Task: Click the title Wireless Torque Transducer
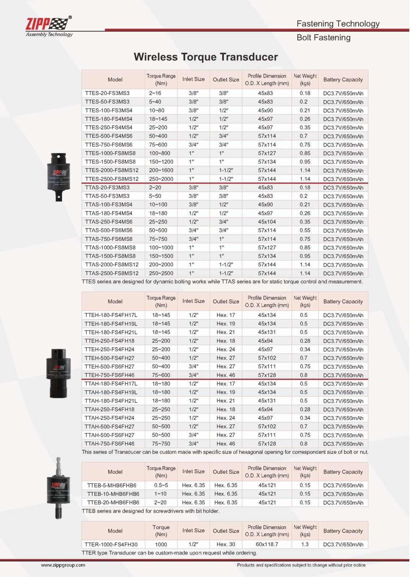pos(205,57)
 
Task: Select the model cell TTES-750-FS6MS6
pos(109,145)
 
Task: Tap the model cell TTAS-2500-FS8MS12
pos(112,273)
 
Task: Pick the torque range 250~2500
pos(161,273)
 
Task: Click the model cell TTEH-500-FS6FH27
pos(109,366)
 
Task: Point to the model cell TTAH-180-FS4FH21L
pos(111,401)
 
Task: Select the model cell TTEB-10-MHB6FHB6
pos(113,494)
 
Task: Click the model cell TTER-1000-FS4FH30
pos(111,544)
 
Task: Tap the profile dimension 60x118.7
pos(267,544)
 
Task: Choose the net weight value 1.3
pos(305,544)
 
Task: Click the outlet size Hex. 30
pos(226,544)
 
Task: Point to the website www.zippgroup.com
pos(63,565)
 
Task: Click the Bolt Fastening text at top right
pos(323,38)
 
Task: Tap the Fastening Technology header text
pos(338,24)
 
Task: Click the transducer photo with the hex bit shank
pos(58,488)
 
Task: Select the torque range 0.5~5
pos(161,485)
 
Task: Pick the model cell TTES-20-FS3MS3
pos(107,93)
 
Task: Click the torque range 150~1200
pos(161,162)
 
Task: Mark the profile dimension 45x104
pos(267,222)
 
